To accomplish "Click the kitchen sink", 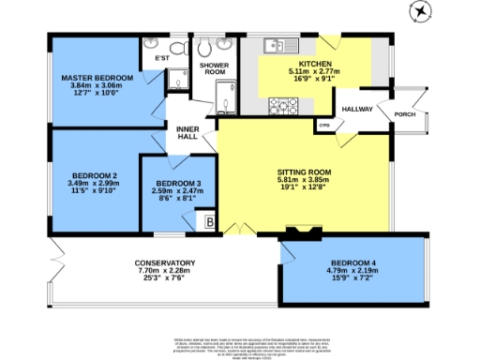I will [x=276, y=43].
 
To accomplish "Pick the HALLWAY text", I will [x=356, y=110].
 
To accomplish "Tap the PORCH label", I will [x=405, y=115].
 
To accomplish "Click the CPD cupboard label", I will [x=324, y=124].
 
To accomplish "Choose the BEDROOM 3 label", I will [x=178, y=183].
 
